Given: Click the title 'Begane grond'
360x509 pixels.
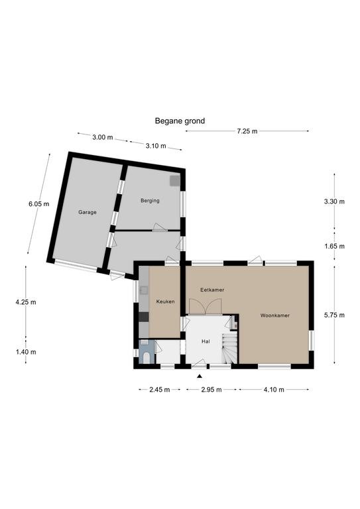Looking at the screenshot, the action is [180, 121].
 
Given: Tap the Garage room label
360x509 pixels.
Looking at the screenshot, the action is [88, 212].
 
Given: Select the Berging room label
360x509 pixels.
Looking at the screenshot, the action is [150, 201].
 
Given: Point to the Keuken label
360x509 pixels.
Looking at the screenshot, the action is [165, 302].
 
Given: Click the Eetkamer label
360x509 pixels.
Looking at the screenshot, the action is [212, 290].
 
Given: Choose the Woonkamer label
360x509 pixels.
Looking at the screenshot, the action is [275, 315].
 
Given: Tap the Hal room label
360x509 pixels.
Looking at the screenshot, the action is [206, 341].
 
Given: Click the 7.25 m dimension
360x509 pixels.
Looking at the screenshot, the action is [247, 131].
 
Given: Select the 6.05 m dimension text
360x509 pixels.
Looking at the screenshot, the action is [39, 204].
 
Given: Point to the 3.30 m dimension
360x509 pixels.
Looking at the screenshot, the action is [334, 201].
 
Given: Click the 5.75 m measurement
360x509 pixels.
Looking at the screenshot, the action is [334, 315].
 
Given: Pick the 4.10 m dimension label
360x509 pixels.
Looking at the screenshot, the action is [274, 390].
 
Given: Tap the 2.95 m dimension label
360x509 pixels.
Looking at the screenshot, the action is [211, 390].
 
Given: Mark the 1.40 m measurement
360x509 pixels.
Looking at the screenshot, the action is [26, 352].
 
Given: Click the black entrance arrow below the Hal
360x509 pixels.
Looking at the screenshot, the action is [200, 376].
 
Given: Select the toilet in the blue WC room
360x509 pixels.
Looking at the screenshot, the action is [147, 358].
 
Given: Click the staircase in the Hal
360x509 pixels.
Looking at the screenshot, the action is [230, 348].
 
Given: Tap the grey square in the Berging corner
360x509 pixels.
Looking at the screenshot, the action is [174, 181].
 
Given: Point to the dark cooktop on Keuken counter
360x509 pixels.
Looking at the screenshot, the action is [144, 317].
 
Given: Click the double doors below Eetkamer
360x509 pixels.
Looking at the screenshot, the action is [205, 307].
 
